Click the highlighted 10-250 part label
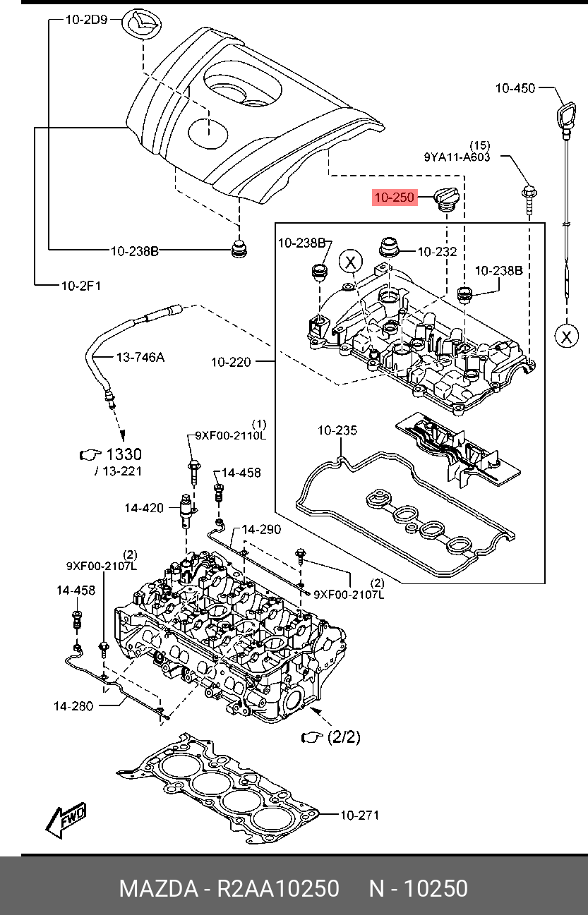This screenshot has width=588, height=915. [x=395, y=198]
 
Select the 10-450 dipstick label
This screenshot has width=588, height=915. [x=515, y=88]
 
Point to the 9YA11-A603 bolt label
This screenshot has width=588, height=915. [x=457, y=157]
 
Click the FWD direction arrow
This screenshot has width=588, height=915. [x=66, y=820]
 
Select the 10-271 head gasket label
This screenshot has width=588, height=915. [x=359, y=816]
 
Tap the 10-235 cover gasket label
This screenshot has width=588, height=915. [x=337, y=430]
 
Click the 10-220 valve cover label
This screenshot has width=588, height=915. [x=231, y=363]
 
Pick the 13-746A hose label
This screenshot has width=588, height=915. [x=140, y=358]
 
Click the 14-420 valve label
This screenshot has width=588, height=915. [x=144, y=508]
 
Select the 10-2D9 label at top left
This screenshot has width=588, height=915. [x=86, y=20]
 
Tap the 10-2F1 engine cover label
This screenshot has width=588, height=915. [x=80, y=286]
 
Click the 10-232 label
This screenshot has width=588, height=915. [x=437, y=251]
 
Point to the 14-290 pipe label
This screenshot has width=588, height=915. [x=261, y=529]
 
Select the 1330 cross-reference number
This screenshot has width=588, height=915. [x=124, y=455]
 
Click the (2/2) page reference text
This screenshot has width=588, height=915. [x=344, y=737]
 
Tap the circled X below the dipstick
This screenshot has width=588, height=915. [x=566, y=337]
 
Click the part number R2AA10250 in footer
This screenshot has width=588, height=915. [x=279, y=888]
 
